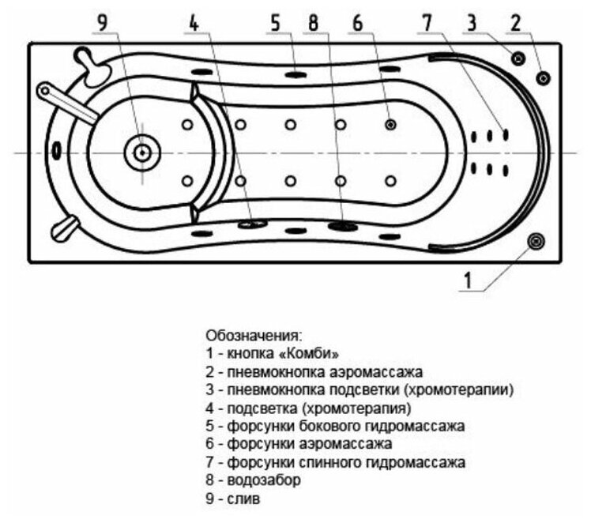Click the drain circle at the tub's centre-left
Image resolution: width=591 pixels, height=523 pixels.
142,152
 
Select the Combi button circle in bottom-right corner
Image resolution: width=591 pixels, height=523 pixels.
536,241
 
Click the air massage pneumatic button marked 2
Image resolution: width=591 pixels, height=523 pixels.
544,77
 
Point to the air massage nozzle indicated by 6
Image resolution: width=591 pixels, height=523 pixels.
390,124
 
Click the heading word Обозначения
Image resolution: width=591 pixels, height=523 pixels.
253,335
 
